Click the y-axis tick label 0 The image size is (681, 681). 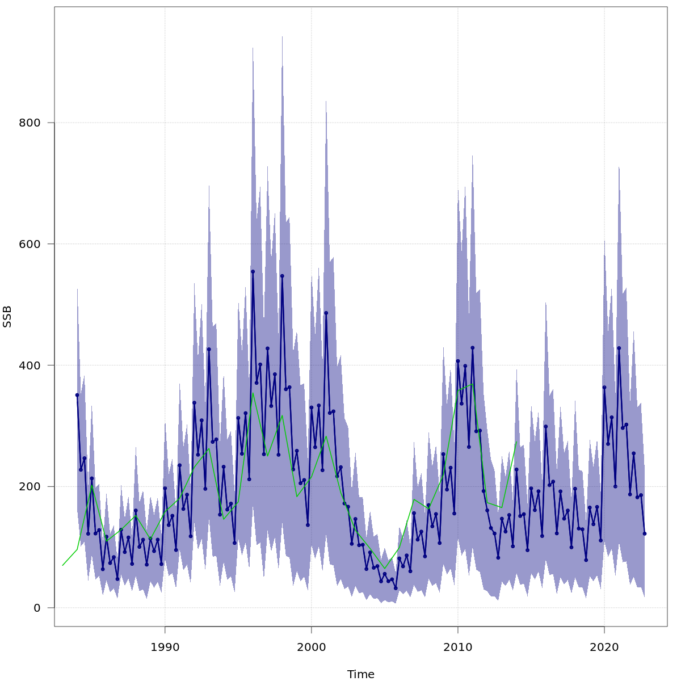(37, 608)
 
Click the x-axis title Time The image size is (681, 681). (361, 674)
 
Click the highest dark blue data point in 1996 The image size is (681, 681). (253, 272)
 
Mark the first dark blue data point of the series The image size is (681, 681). (77, 395)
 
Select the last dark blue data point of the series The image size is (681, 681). (645, 533)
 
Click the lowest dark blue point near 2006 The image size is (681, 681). (396, 588)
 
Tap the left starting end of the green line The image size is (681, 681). (62, 565)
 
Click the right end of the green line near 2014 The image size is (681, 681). (516, 442)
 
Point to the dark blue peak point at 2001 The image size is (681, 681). (326, 313)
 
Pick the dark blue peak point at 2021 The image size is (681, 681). (619, 348)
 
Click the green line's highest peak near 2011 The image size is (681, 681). (473, 384)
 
